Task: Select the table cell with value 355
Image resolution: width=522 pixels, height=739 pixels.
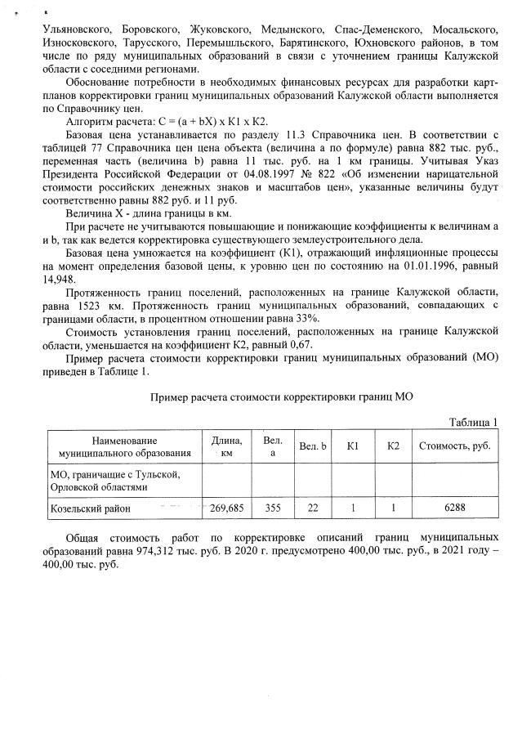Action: click(272, 507)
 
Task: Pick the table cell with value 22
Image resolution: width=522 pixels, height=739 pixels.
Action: click(311, 507)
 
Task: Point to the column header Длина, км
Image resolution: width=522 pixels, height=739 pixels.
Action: click(226, 446)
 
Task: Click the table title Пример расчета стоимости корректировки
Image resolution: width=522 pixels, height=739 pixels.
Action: click(282, 396)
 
